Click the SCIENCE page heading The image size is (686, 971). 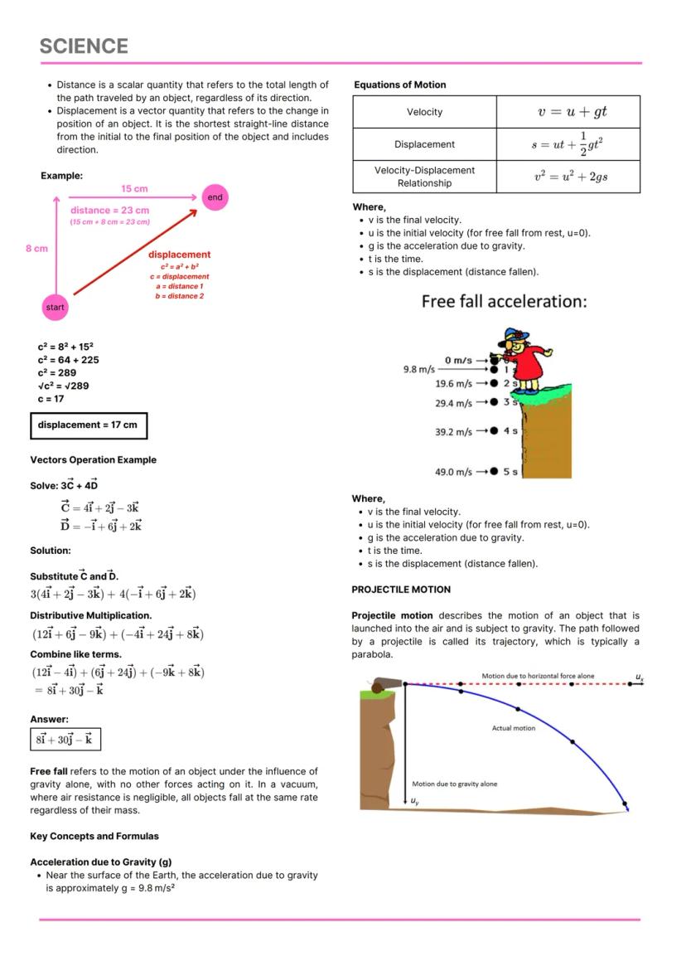[x=84, y=46]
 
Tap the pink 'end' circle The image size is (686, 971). [x=215, y=197]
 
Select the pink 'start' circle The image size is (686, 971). [x=55, y=308]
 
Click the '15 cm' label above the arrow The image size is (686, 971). [x=134, y=189]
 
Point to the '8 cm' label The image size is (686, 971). [x=36, y=248]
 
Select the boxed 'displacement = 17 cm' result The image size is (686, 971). [x=89, y=425]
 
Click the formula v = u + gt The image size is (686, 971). [x=568, y=112]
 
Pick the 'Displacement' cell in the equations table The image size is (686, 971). [x=424, y=144]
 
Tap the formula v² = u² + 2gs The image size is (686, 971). [x=568, y=177]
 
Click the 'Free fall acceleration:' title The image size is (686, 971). [x=504, y=302]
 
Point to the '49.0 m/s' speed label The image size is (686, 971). [x=453, y=472]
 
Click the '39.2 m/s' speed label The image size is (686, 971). [x=453, y=432]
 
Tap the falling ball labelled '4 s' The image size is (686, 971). [x=494, y=430]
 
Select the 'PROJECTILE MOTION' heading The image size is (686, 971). [x=401, y=590]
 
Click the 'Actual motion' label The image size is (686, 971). [x=514, y=728]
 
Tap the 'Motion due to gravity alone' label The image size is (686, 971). [x=455, y=784]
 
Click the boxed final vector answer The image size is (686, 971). [x=65, y=739]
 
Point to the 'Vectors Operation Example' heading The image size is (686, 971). [x=93, y=460]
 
